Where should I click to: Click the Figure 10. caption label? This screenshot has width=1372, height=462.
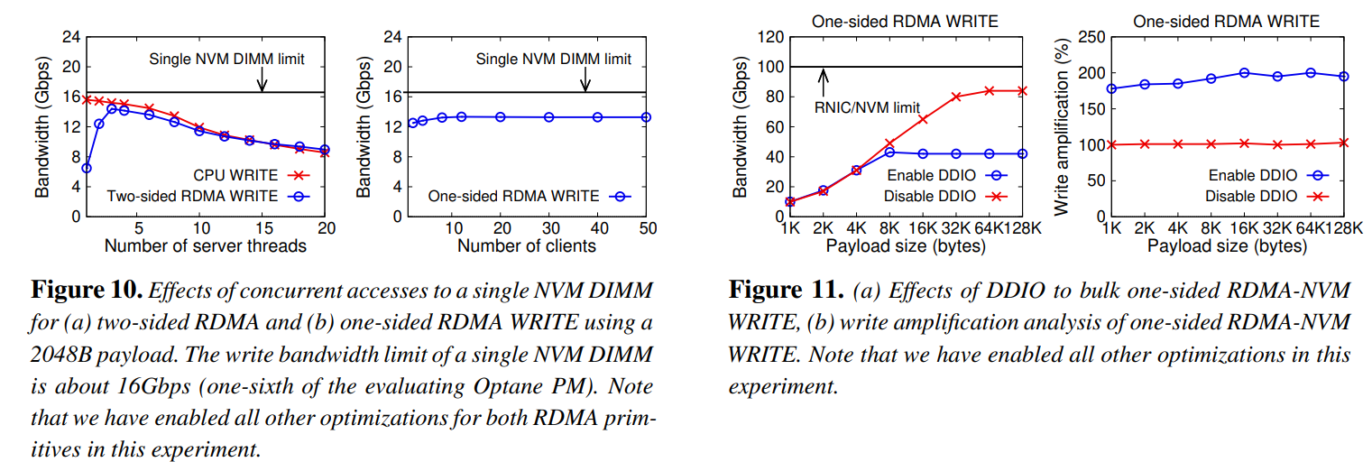87,291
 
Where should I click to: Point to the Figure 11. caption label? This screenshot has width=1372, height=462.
784,291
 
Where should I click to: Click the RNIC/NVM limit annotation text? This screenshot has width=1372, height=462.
867,107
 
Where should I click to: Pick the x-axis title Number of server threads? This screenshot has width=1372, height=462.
205,245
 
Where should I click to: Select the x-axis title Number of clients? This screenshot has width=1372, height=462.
527,245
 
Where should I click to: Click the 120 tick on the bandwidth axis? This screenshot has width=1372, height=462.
769,37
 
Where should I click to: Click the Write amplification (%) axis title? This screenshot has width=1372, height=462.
1063,126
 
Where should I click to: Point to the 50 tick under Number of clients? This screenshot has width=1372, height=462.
647,226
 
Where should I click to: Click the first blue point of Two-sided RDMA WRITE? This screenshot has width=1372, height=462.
86,168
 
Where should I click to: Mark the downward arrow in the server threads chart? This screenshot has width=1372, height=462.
262,80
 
